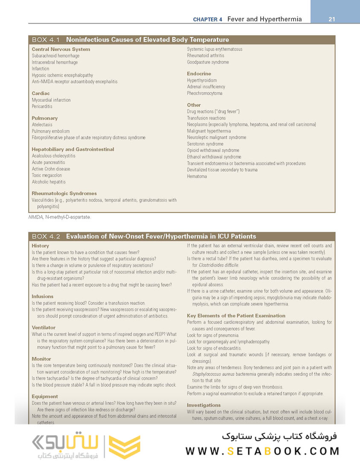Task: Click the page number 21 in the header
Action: pyautogui.click(x=332, y=19)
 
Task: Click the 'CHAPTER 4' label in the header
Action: pyautogui.click(x=208, y=20)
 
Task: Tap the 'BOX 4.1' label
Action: pyautogui.click(x=46, y=40)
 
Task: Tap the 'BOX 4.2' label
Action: pyautogui.click(x=46, y=236)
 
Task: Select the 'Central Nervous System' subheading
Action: pyautogui.click(x=61, y=49)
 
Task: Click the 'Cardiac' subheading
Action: pyautogui.click(x=41, y=93)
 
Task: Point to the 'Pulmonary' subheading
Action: pyautogui.click(x=44, y=118)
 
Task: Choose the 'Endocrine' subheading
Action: pyautogui.click(x=199, y=74)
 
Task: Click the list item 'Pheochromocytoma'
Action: pyautogui.click(x=204, y=93)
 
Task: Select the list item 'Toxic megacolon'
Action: pyautogui.click(x=47, y=175)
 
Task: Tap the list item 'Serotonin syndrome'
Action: pyautogui.click(x=205, y=144)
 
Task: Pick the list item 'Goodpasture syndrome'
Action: pyautogui.click(x=208, y=62)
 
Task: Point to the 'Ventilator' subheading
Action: pyautogui.click(x=44, y=327)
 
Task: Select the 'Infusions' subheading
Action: pyautogui.click(x=43, y=296)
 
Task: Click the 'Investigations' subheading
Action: pyautogui.click(x=204, y=405)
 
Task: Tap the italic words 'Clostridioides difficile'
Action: pyautogui.click(x=219, y=265)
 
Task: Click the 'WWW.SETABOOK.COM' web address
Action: pyautogui.click(x=262, y=451)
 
